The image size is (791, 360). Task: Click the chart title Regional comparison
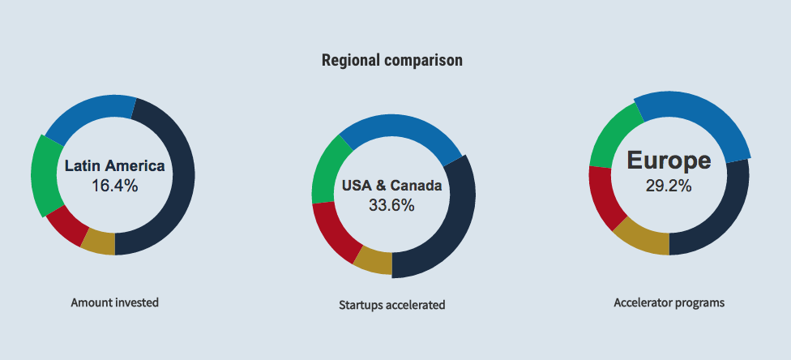click(392, 61)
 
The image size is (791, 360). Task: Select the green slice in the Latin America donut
click(44, 175)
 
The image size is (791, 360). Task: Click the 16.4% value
click(114, 186)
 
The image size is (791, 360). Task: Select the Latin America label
click(114, 165)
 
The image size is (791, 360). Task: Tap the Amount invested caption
click(114, 302)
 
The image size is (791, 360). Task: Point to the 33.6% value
click(391, 205)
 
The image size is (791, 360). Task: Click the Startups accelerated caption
click(392, 305)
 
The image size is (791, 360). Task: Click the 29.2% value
click(669, 186)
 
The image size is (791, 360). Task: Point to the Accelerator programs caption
click(669, 302)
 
